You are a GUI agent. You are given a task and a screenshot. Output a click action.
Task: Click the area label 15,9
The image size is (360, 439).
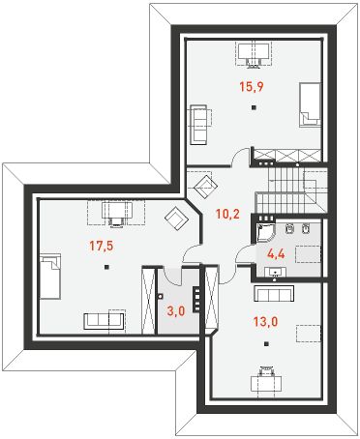pos(252,86)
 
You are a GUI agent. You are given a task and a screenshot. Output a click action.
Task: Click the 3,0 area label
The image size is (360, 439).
pos(174,311)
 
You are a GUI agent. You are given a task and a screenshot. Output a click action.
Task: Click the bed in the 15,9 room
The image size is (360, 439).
pos(310,105)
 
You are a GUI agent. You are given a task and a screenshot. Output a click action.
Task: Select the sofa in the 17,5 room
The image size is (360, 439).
pos(103,319)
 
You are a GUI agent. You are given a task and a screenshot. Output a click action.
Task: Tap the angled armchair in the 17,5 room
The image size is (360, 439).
pos(177,219)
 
